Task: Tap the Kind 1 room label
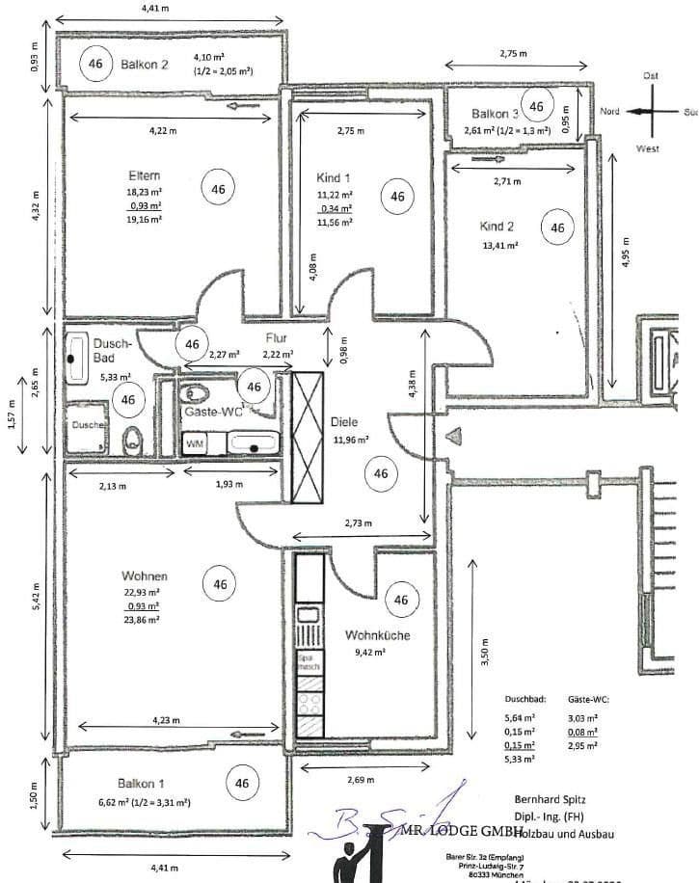(333, 178)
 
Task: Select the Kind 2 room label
(497, 227)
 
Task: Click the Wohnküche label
(377, 635)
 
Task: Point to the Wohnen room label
(145, 575)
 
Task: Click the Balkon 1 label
(141, 783)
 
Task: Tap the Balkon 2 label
(146, 65)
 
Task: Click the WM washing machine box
(195, 444)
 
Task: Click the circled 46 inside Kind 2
(556, 228)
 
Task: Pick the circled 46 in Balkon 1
(242, 783)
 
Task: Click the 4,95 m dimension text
(625, 254)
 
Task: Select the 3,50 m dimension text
(485, 656)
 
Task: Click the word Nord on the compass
(609, 112)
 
